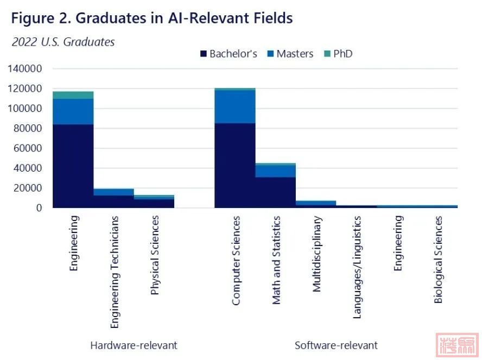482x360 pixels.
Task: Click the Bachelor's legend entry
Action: click(228, 54)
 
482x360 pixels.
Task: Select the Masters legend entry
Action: click(290, 54)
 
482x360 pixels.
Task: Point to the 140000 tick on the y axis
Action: click(24, 69)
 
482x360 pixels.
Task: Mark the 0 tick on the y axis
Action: click(39, 208)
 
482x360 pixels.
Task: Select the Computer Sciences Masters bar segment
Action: click(235, 106)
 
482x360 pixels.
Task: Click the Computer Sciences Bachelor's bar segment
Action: click(235, 165)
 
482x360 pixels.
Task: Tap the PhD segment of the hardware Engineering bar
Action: click(73, 95)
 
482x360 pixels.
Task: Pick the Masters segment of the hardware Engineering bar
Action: click(73, 111)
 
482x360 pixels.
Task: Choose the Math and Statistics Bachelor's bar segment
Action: click(275, 192)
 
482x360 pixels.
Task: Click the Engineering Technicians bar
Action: click(113, 198)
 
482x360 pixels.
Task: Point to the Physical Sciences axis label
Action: click(155, 255)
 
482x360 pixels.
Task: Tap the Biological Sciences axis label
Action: click(438, 259)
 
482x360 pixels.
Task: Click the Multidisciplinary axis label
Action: click(317, 254)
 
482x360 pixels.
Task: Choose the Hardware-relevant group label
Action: click(134, 345)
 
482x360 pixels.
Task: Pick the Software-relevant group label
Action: click(336, 345)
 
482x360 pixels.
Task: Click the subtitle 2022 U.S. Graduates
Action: click(63, 42)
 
